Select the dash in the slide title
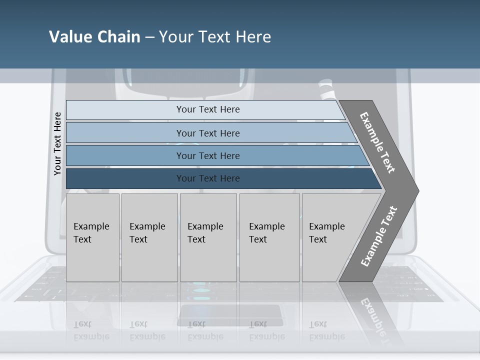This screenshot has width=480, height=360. (x=149, y=37)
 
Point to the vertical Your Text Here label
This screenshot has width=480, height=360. (x=57, y=143)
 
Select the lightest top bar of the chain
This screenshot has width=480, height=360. (x=207, y=109)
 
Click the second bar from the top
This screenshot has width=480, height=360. (x=207, y=133)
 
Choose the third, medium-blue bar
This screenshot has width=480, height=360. (x=207, y=155)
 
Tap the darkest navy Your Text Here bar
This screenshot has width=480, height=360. (x=207, y=178)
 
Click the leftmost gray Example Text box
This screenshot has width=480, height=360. (x=92, y=237)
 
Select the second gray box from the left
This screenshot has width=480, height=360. (x=149, y=237)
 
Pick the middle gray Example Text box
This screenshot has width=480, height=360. (x=208, y=237)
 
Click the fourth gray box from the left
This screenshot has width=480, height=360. (x=269, y=237)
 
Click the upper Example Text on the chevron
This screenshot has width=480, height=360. (x=377, y=142)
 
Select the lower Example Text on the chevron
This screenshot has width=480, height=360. (x=378, y=236)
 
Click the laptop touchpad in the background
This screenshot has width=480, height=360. (x=231, y=315)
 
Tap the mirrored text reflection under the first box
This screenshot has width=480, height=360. (x=91, y=330)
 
